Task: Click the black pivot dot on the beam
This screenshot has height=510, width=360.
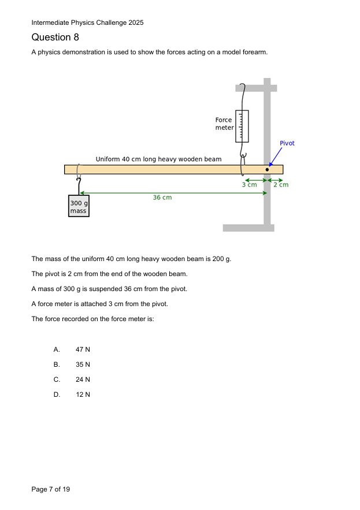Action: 267,169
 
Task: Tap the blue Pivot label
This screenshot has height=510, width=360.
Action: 287,143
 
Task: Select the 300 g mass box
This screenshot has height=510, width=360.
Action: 78,207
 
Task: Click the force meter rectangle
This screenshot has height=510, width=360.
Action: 242,125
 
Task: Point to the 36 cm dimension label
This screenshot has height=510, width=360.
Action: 162,198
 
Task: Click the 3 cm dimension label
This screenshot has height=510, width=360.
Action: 249,185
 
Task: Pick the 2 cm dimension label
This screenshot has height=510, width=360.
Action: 281,185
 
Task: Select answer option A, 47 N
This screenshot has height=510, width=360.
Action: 83,349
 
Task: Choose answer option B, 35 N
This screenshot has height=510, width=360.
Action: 83,364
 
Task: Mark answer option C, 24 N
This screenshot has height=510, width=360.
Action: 83,379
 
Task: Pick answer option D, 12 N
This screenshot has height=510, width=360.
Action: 83,394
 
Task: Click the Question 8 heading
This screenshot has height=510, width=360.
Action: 55,38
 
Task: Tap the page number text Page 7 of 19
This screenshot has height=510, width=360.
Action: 51,489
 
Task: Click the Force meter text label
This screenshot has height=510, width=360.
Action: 224,124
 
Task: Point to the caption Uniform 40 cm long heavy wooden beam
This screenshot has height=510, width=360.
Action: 158,159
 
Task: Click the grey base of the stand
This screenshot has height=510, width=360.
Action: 248,228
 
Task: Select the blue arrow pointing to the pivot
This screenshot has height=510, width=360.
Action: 275,157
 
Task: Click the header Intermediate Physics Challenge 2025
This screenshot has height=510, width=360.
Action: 87,23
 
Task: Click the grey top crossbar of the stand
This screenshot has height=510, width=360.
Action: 255,88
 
